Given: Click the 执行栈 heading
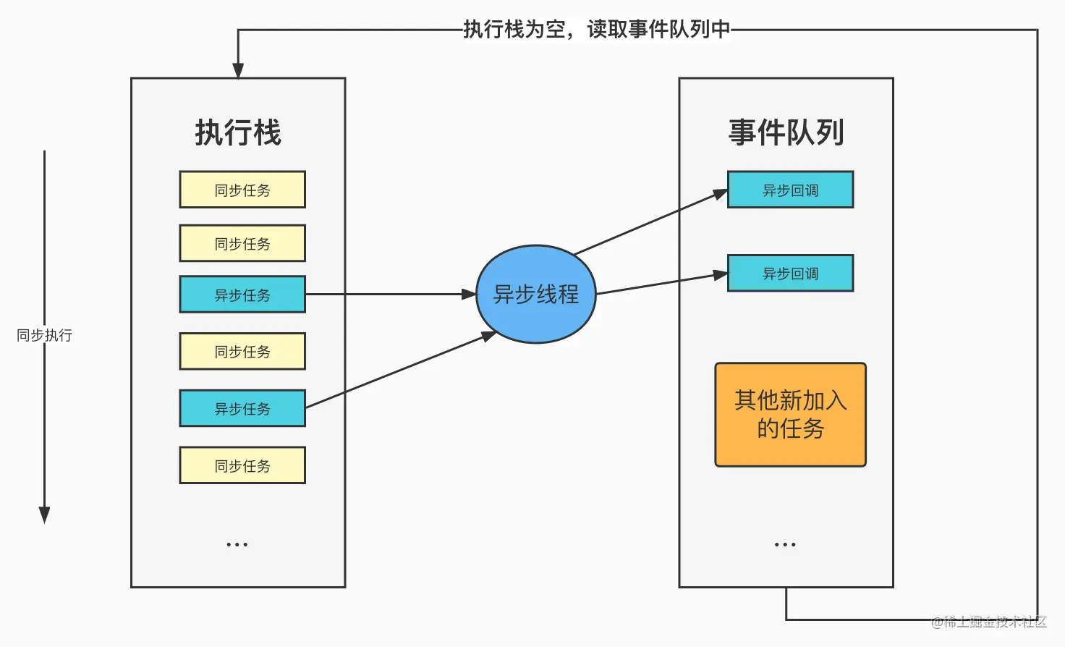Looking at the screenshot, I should coord(237,132).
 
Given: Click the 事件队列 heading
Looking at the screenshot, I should coord(786,132).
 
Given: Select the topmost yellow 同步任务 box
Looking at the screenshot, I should coord(242,190).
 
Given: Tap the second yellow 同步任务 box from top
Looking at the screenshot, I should coord(242,243).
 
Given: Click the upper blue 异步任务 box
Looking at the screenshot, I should coord(242,295).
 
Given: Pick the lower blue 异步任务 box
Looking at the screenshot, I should coord(242,408).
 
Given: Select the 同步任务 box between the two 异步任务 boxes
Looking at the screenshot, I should coord(242,351).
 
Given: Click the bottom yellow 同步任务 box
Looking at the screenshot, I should coord(242,465).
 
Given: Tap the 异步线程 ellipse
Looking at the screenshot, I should coord(535,294).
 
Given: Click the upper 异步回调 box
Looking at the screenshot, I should coord(790,190).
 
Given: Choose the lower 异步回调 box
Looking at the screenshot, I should coord(790,273).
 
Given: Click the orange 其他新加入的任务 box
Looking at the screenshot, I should coord(790,415).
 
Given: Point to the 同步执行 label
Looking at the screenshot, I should coord(44,335).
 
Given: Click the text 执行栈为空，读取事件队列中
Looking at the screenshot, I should coord(596,29).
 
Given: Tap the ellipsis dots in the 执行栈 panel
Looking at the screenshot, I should coord(237,544).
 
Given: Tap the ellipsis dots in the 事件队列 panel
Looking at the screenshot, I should coord(785,544).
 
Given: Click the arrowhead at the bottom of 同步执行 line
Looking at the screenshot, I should coord(44,515).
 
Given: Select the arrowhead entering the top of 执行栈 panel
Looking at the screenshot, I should coord(238,70).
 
